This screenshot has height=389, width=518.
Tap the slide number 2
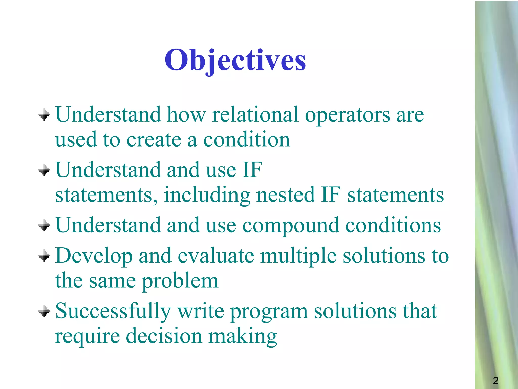pos(495,381)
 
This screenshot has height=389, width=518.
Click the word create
pos(154,140)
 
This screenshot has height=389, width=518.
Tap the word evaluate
pos(215,256)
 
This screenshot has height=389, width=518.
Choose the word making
pos(243,337)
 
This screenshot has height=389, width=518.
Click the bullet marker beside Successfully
pos(44,311)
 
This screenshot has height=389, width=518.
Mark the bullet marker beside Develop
pos(44,256)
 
